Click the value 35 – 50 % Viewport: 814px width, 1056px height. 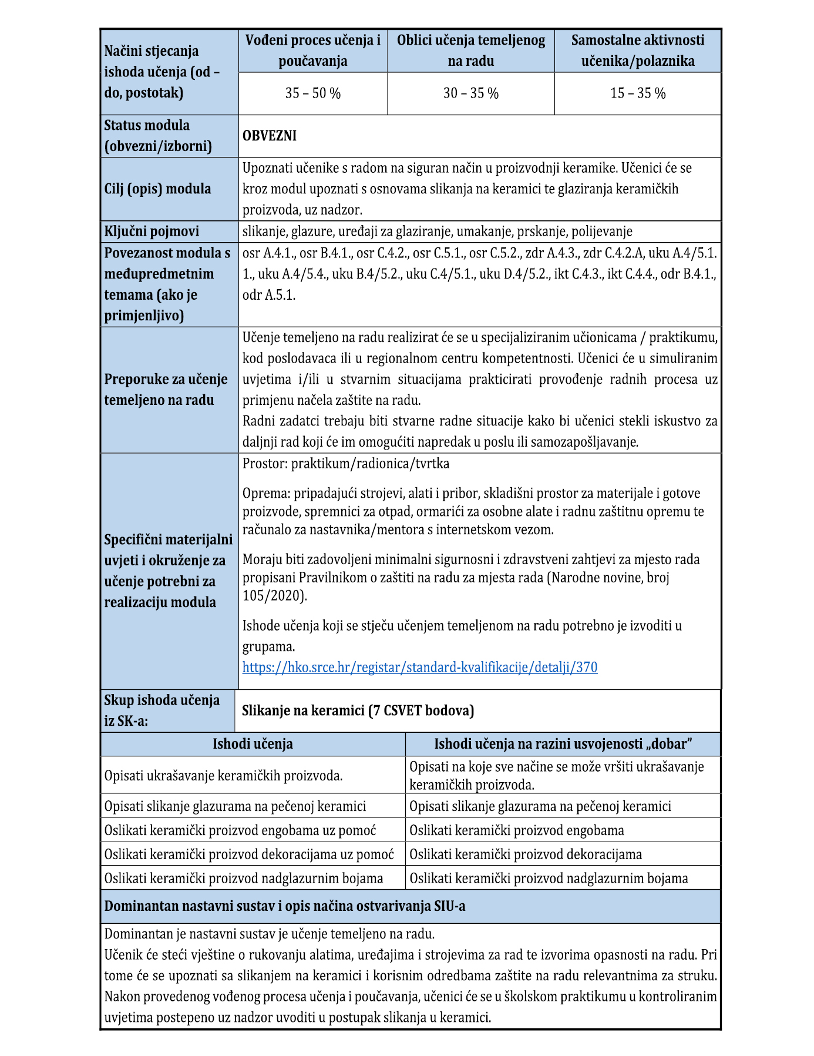click(x=312, y=93)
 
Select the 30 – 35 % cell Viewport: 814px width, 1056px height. click(x=470, y=93)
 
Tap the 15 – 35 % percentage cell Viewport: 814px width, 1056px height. click(x=637, y=93)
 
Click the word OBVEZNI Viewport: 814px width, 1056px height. click(x=270, y=136)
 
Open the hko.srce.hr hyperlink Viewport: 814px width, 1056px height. click(x=419, y=668)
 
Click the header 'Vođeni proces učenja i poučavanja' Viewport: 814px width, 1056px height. click(x=312, y=51)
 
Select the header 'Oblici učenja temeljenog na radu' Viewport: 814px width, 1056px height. click(x=470, y=51)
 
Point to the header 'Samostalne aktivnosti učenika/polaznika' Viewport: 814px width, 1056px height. click(x=637, y=51)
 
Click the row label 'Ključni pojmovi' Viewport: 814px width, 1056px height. click(x=152, y=232)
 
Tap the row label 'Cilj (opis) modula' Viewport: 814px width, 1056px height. click(x=157, y=189)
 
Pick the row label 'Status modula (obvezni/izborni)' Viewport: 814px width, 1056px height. click(x=157, y=136)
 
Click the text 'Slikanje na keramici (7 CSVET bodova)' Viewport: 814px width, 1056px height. click(x=358, y=710)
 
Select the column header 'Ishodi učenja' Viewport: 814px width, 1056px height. click(x=253, y=744)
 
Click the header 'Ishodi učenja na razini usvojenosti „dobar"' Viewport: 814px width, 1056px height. click(x=563, y=744)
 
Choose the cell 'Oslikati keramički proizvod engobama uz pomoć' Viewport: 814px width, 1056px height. click(x=240, y=830)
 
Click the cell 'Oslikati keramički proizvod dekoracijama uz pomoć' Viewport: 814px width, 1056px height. click(x=249, y=854)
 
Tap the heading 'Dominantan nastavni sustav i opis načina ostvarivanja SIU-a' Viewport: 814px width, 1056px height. click(x=285, y=906)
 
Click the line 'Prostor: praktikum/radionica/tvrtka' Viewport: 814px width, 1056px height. click(x=346, y=464)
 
